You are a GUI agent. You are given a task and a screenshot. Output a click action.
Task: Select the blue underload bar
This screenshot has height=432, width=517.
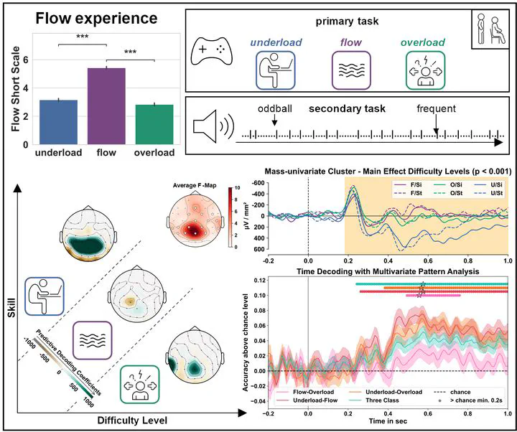pyautogui.click(x=58, y=122)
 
